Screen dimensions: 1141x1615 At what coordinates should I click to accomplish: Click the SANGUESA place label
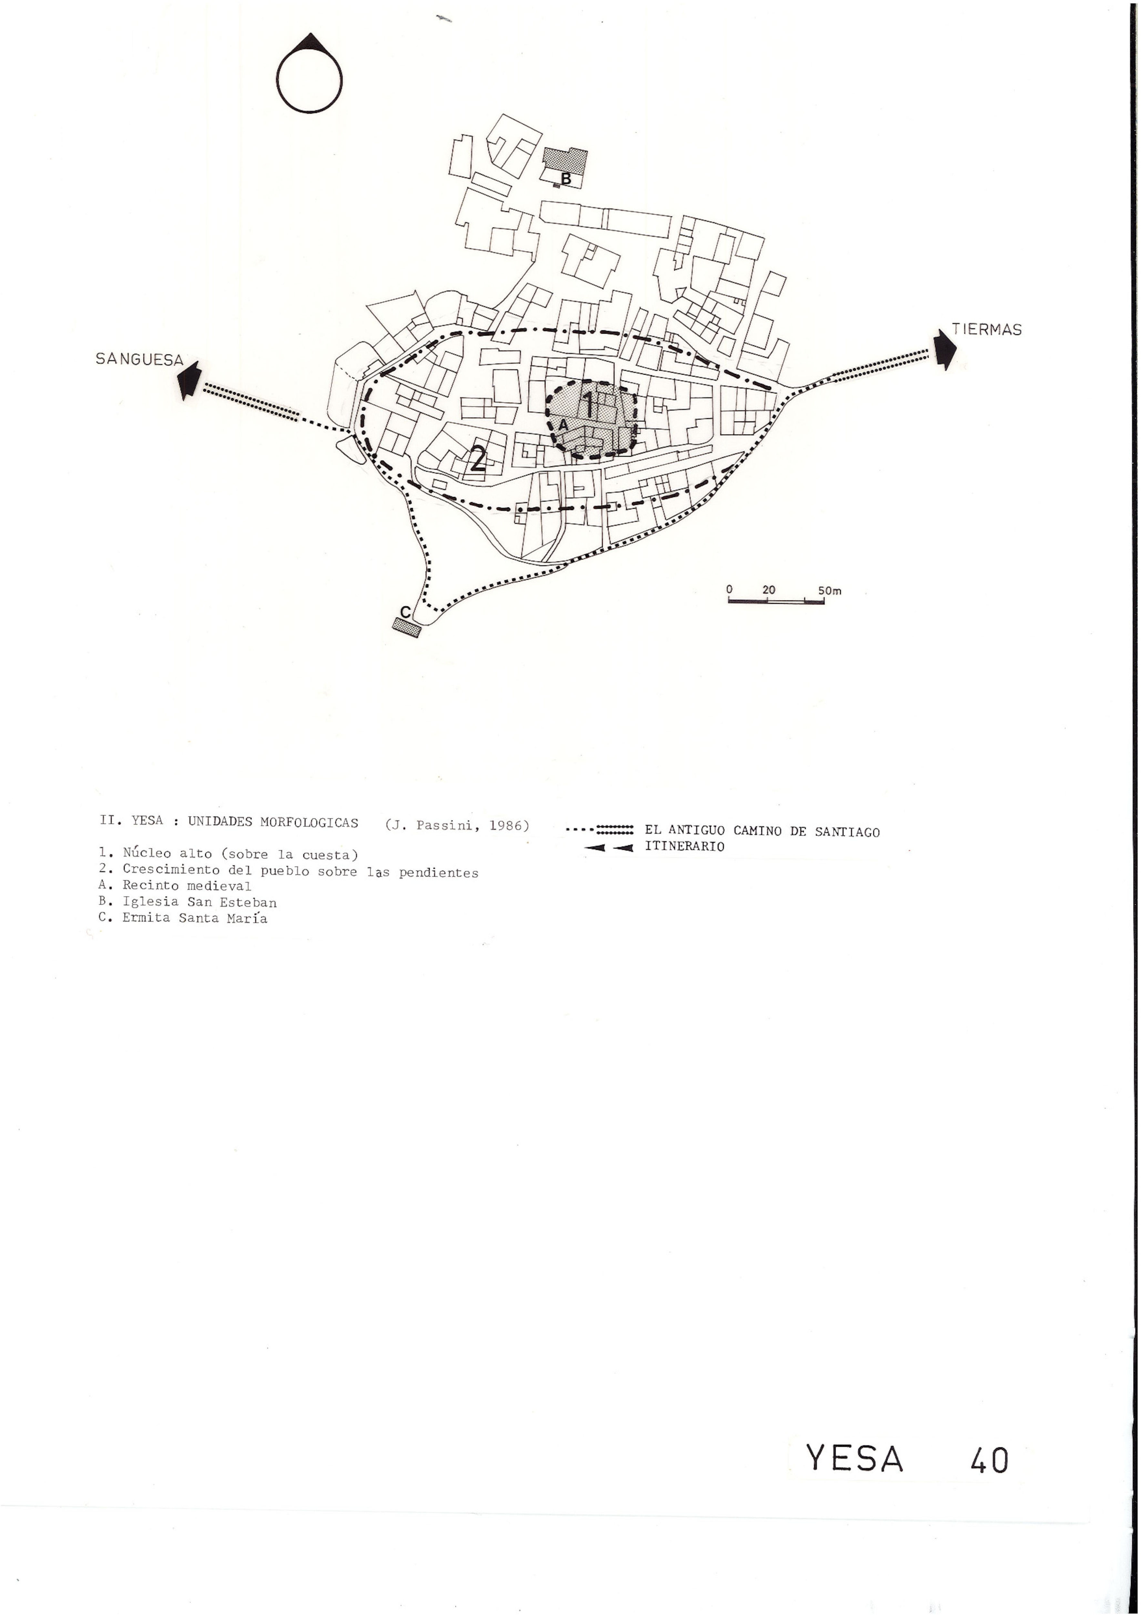point(139,359)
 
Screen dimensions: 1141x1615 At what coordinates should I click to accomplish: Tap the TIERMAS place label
point(986,329)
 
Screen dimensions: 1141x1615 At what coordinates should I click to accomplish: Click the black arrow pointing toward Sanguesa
point(189,380)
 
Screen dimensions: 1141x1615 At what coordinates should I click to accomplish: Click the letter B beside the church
point(566,179)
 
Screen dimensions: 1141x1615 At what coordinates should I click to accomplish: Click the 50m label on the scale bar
point(830,591)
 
